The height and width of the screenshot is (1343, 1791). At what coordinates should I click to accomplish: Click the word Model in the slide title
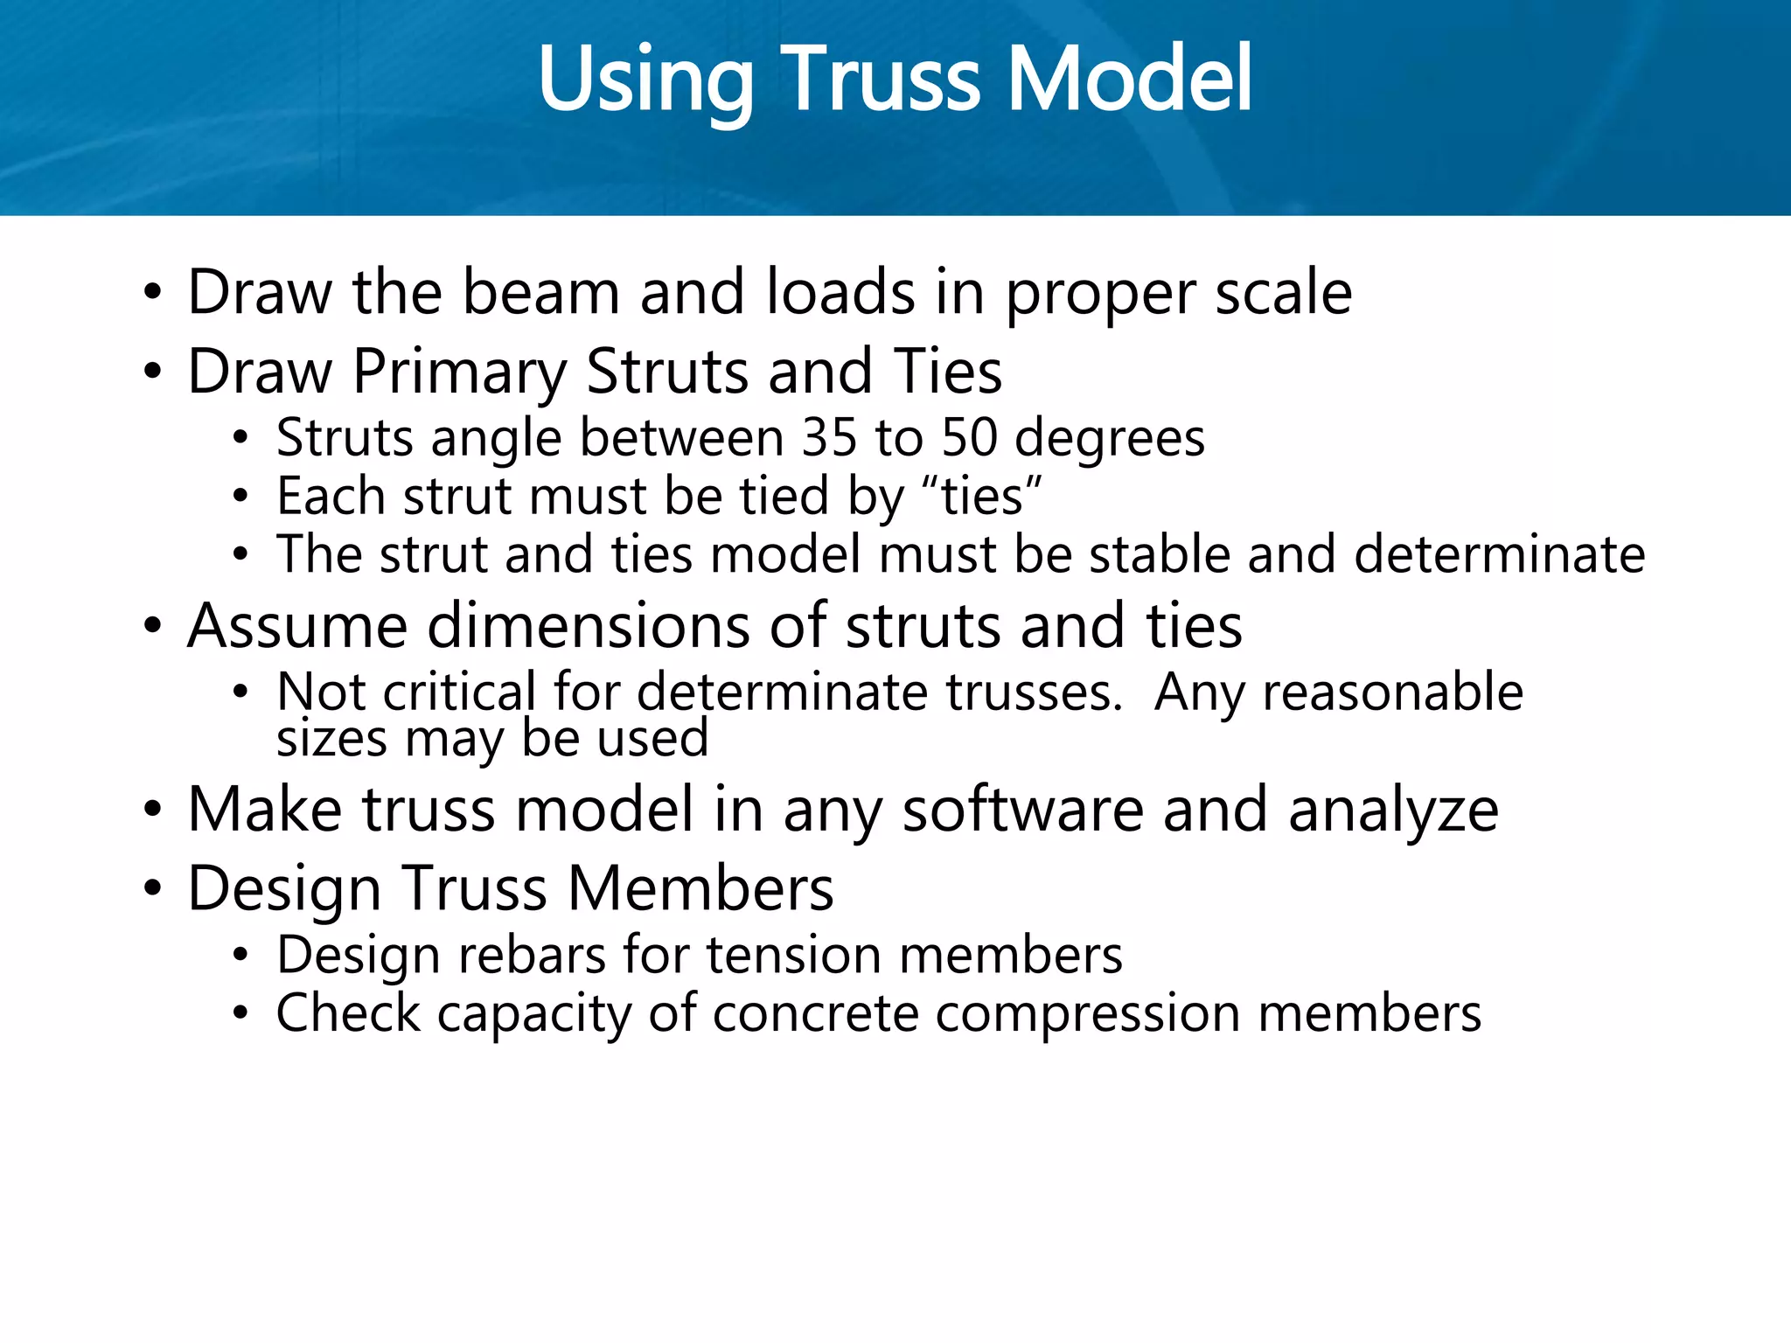click(x=1130, y=80)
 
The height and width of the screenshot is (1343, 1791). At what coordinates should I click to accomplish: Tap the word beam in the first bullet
click(x=540, y=293)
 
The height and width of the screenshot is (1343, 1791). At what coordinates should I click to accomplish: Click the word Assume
click(x=297, y=627)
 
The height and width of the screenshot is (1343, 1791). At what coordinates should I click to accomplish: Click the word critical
click(x=458, y=692)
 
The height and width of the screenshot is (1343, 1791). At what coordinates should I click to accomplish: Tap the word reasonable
click(x=1392, y=692)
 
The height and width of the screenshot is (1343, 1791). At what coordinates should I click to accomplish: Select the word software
click(x=1022, y=811)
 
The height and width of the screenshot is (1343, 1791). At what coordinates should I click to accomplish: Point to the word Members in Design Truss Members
click(x=700, y=889)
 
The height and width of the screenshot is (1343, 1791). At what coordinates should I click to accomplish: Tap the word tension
click(x=794, y=955)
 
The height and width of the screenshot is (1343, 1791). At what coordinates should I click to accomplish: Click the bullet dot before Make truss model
click(x=153, y=811)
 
